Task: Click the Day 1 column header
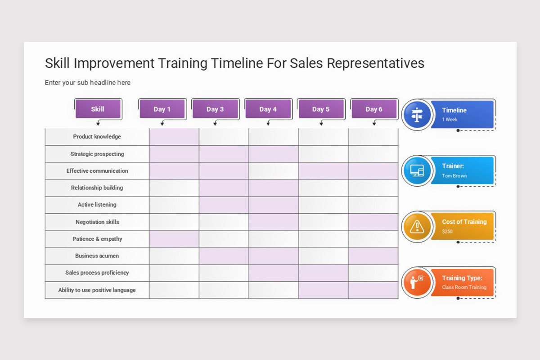[162, 109]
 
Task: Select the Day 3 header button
[215, 109]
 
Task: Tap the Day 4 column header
[268, 109]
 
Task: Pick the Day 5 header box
[321, 109]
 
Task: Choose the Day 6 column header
[373, 109]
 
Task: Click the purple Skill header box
[98, 109]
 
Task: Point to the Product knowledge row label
[97, 137]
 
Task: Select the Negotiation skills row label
[97, 222]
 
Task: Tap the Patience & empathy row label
[97, 239]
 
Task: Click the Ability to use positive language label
[97, 290]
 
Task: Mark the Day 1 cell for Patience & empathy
[174, 239]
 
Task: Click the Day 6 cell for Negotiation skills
[373, 222]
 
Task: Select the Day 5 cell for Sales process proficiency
[323, 273]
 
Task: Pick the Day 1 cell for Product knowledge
[174, 137]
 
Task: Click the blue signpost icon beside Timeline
[417, 115]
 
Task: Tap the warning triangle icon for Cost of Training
[417, 226]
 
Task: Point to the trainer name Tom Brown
[454, 176]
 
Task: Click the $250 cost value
[447, 232]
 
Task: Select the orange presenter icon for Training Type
[417, 282]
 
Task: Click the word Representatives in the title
[375, 63]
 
